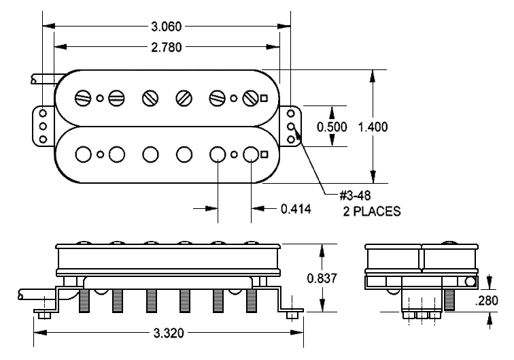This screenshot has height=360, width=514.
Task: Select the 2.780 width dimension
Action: click(x=167, y=47)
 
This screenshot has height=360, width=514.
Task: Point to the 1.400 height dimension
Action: click(x=372, y=127)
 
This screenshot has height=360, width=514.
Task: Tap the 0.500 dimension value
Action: click(x=332, y=127)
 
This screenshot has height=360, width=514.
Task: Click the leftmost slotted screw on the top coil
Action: click(x=84, y=97)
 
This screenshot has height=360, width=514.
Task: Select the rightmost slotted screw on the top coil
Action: click(x=250, y=97)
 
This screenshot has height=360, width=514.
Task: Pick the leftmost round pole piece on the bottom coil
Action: click(x=84, y=154)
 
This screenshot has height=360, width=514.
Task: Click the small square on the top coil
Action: click(x=264, y=97)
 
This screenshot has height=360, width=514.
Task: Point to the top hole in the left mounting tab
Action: click(x=42, y=114)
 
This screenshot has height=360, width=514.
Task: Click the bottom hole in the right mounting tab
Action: click(x=292, y=139)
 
